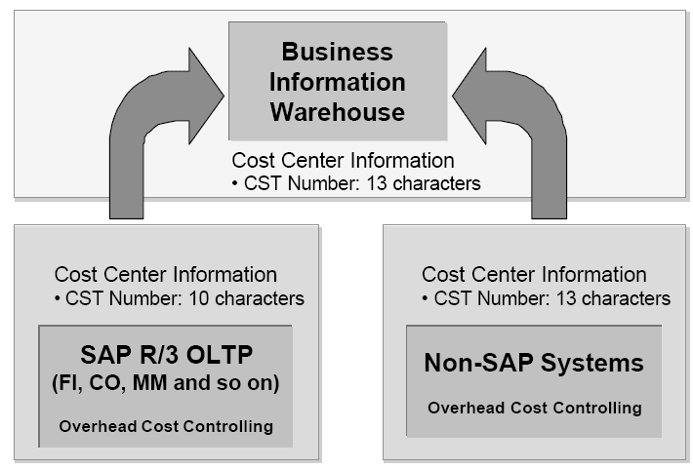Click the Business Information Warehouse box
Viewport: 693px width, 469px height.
click(337, 82)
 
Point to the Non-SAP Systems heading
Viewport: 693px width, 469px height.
click(533, 364)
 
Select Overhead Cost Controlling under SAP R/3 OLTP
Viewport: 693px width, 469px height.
click(165, 426)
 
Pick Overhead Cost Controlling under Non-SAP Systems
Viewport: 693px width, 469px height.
click(534, 408)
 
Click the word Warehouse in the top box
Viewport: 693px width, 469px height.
click(337, 111)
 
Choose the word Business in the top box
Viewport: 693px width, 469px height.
click(337, 52)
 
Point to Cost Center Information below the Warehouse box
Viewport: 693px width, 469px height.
click(342, 160)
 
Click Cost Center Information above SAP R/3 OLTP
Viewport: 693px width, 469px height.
click(165, 276)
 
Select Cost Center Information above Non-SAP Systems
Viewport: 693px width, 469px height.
click(534, 276)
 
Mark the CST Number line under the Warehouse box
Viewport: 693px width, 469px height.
click(355, 183)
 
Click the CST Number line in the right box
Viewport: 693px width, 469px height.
click(546, 298)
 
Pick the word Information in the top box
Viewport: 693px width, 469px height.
click(337, 82)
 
